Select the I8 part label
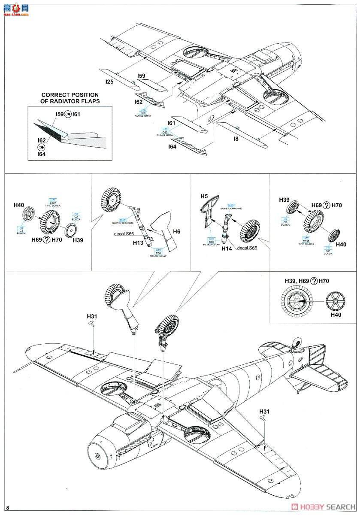(236, 139)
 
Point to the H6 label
(176, 231)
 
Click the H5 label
(204, 196)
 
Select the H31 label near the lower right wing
(265, 412)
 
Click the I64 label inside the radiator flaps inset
(42, 154)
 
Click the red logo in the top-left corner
(15, 9)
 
